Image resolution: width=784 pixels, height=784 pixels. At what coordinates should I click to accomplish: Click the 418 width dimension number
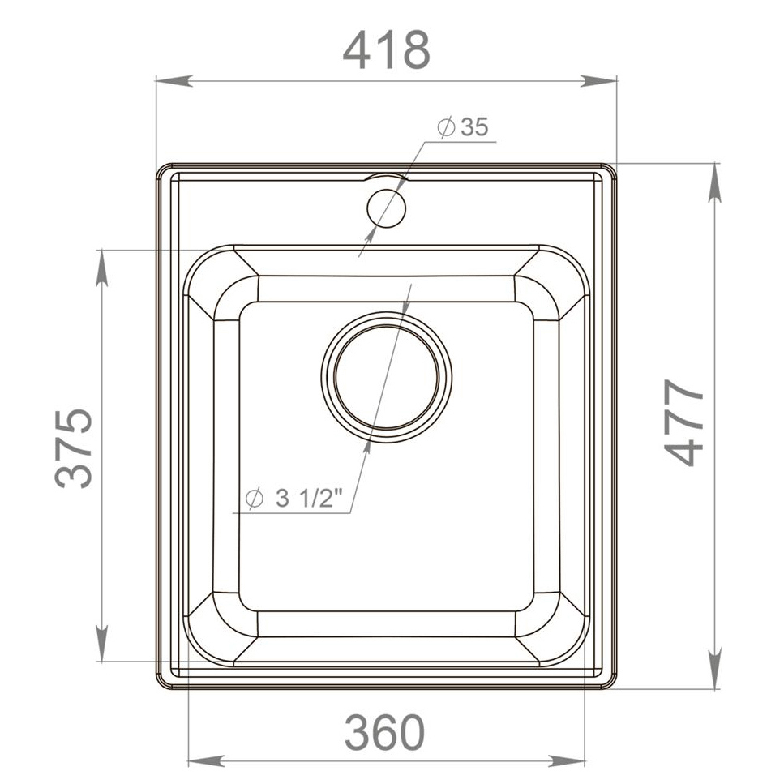coord(386,50)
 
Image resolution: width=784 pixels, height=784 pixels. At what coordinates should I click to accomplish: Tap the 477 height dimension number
coord(684,422)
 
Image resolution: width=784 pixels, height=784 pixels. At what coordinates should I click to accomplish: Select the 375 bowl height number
coord(74,448)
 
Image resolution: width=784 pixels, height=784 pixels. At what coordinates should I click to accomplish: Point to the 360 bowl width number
coord(384,732)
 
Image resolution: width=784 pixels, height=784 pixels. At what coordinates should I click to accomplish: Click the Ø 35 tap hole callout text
coord(462,127)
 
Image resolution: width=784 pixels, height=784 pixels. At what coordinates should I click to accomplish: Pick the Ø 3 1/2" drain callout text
coord(294,498)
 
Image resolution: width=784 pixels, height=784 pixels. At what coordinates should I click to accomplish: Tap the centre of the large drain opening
coord(387,376)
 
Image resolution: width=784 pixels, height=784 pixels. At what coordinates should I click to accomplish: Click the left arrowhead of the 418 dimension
coord(174,80)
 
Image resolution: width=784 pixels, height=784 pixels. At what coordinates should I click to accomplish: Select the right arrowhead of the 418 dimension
coord(598,80)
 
